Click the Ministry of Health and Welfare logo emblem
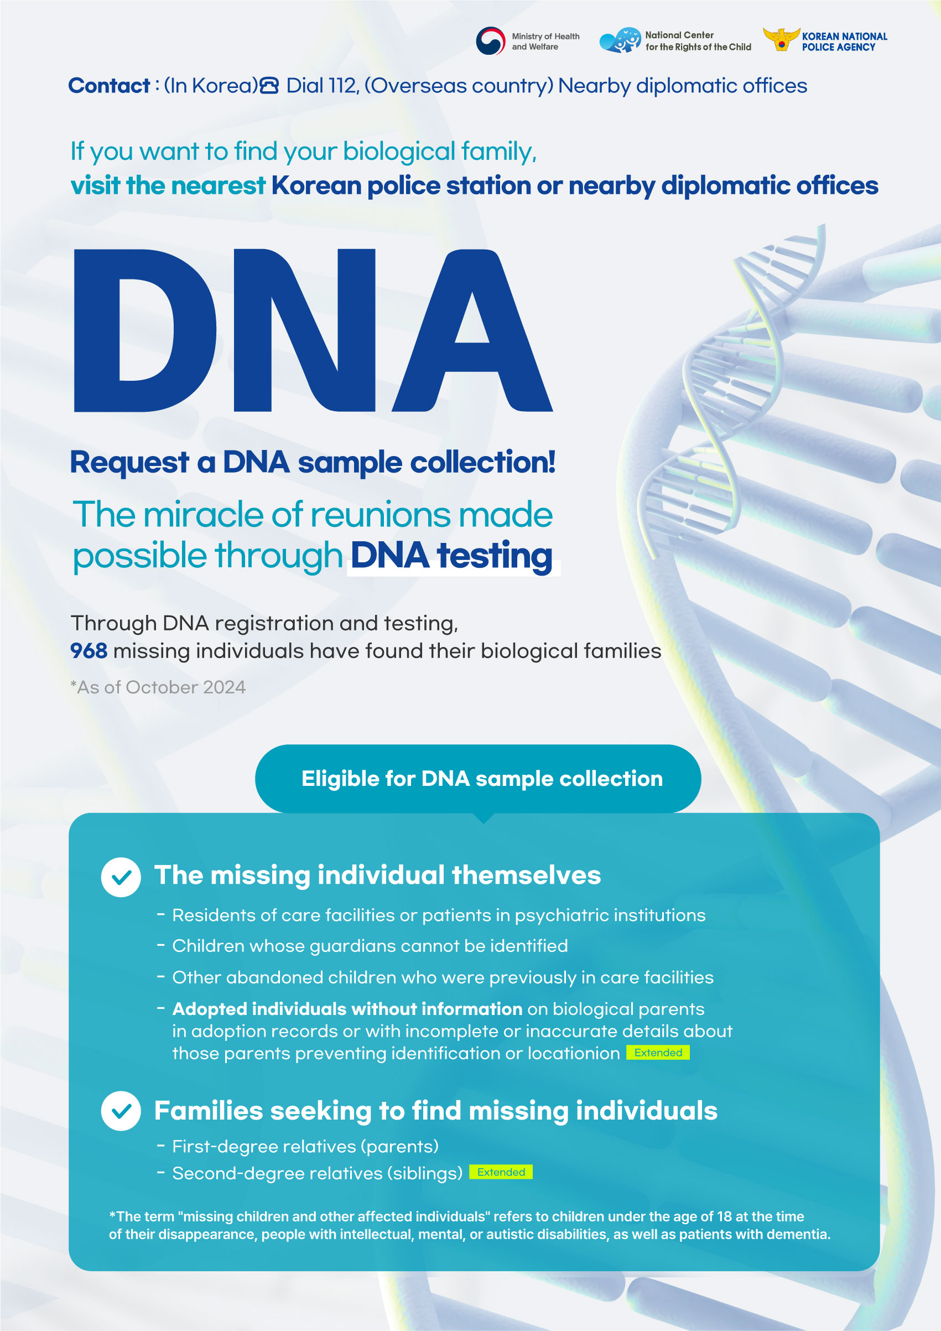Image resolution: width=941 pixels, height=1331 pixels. [490, 41]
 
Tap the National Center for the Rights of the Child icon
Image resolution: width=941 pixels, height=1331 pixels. [620, 40]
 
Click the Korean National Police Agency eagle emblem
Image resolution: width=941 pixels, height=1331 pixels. [781, 39]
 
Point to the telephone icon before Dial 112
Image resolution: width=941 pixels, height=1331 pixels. [269, 86]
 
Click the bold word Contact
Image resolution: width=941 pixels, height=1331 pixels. [109, 86]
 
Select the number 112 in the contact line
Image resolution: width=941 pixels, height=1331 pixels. [341, 86]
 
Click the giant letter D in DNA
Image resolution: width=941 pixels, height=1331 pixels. [145, 330]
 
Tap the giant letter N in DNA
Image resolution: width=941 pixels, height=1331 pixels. [305, 330]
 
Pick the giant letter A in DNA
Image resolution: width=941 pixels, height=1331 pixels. [472, 330]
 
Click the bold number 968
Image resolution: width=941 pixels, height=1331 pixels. [89, 651]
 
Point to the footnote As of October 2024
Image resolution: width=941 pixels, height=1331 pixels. [158, 687]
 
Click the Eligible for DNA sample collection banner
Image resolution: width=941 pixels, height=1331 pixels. [478, 779]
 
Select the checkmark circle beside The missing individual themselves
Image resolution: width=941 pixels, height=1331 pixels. [121, 877]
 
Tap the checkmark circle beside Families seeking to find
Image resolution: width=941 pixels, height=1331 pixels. [121, 1111]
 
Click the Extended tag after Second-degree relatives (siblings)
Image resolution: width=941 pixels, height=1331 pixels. [501, 1172]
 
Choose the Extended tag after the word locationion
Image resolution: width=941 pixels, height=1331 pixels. [658, 1053]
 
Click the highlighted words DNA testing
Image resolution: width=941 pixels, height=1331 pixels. [452, 555]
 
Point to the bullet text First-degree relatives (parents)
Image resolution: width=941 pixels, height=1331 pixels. [305, 1147]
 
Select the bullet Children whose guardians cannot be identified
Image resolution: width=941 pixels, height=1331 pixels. [370, 946]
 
